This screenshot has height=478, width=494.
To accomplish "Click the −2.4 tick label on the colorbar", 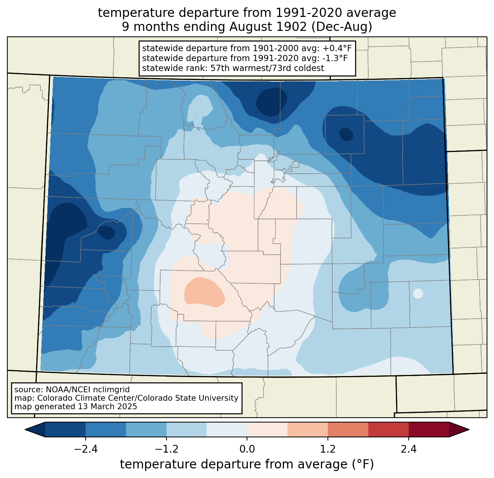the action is [86, 449].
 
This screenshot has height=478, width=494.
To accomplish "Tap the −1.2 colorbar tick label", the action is [167, 449].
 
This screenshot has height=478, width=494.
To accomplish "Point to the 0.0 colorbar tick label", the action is [247, 449].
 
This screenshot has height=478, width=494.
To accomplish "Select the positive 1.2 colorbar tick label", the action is [328, 449].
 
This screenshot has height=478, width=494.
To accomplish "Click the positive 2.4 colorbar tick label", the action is [409, 449].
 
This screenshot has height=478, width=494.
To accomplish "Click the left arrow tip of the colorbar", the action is [25, 430].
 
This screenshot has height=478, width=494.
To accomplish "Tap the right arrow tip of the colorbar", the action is [469, 430].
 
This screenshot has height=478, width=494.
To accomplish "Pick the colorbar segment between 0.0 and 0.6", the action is [267, 430].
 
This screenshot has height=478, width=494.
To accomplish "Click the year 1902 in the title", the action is [291, 27].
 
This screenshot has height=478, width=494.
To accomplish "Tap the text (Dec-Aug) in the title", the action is [342, 27].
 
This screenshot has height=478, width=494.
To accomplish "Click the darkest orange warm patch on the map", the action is [205, 292].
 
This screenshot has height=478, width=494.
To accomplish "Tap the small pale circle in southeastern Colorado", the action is [418, 294].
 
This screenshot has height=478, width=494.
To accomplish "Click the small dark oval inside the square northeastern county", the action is [346, 134].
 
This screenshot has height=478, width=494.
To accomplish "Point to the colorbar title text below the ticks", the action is [247, 464].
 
